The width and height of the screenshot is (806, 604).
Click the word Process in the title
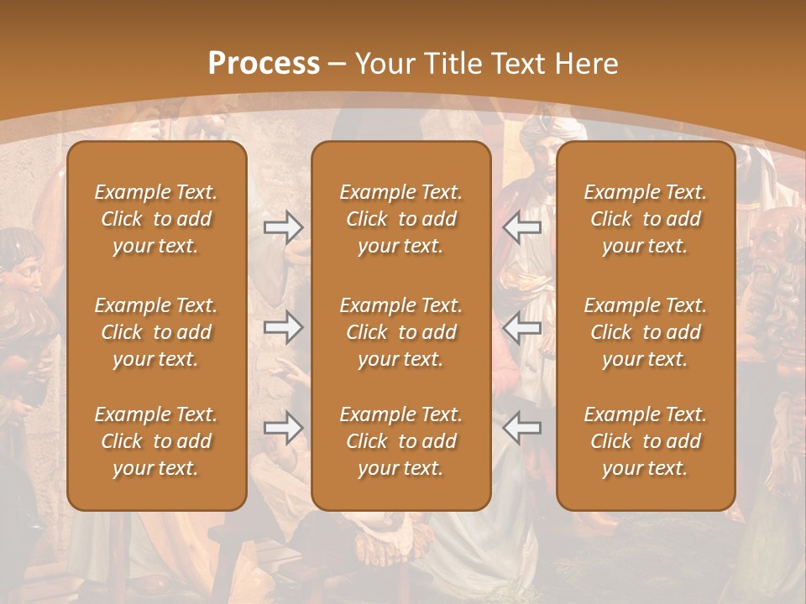coord(264,63)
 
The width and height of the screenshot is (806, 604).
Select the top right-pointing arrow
coord(283,227)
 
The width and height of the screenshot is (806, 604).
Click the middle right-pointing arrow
coord(283,327)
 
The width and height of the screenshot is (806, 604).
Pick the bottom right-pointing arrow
coord(283,428)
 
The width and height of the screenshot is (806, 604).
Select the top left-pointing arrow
coord(521,227)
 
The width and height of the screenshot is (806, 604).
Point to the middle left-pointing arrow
coord(521,327)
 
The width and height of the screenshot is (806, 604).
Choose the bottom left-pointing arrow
coord(521,428)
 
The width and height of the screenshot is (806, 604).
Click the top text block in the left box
coord(156,219)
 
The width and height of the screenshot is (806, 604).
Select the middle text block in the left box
coord(156,332)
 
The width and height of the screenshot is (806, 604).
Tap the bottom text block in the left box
coord(156,441)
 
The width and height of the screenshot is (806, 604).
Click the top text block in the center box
coord(401,219)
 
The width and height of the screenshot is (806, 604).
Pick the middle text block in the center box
coord(401,332)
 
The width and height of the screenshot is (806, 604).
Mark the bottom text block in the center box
coord(401,441)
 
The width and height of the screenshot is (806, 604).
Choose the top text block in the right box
coord(646,219)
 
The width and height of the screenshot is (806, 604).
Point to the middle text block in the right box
coord(646,332)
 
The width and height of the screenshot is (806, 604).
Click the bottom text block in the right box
coord(646,441)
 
